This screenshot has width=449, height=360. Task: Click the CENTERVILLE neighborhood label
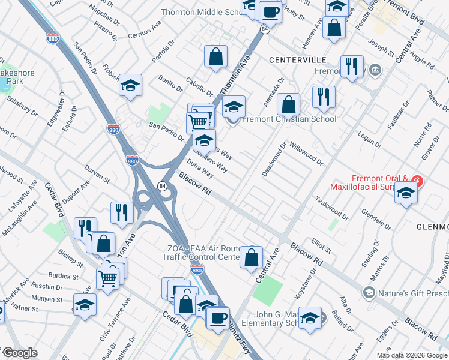click(298, 60)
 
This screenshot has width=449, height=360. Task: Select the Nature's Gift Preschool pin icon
click(369, 293)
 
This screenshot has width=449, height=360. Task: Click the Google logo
click(19, 353)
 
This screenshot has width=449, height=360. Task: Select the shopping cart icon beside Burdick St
click(107, 278)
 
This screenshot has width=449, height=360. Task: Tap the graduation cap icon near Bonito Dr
click(130, 86)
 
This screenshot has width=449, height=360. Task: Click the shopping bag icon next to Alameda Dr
click(289, 104)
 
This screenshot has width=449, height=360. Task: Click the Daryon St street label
click(97, 174)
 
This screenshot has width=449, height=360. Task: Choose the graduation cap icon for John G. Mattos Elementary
click(310, 318)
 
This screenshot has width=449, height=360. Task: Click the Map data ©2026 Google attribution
click(412, 355)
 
